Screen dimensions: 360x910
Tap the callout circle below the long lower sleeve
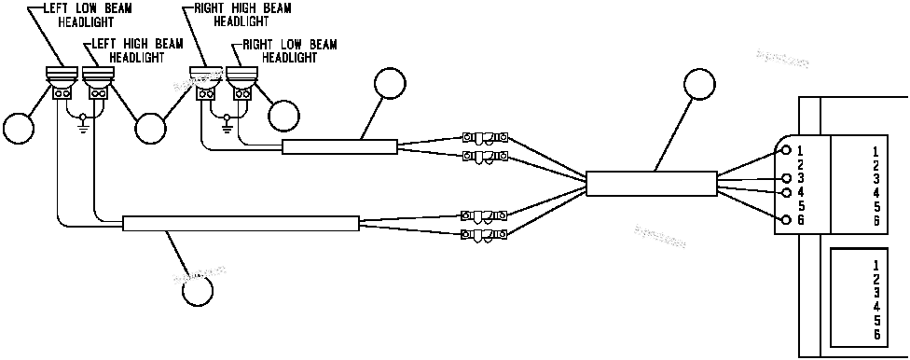(x=197, y=290)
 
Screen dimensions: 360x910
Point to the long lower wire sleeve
(x=241, y=223)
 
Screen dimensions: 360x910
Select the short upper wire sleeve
(x=339, y=146)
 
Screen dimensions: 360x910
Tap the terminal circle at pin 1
(x=786, y=150)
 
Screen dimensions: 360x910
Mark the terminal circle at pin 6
(x=786, y=220)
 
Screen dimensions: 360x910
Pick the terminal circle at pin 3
(x=786, y=178)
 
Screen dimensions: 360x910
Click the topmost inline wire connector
(x=484, y=137)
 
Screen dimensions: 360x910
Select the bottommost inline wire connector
(x=484, y=233)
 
